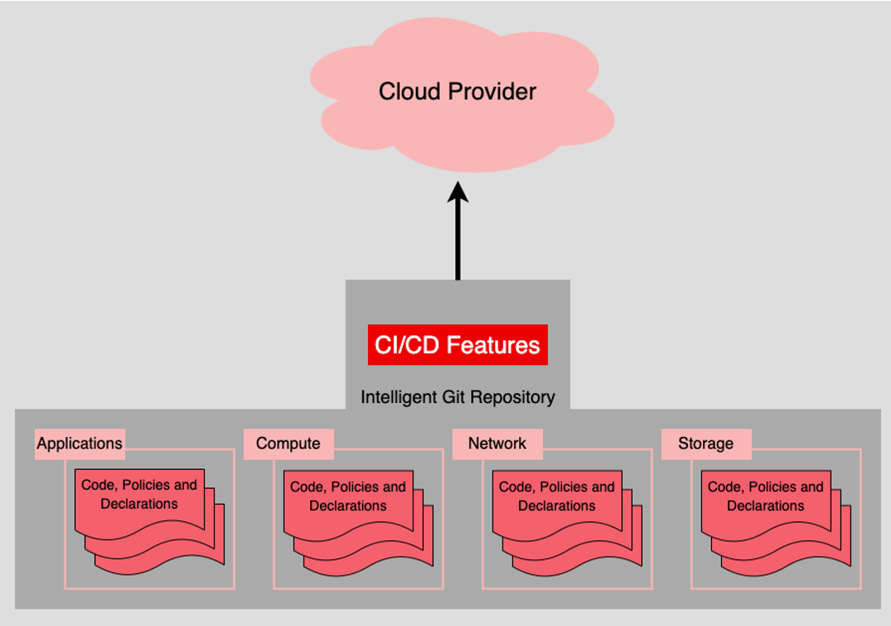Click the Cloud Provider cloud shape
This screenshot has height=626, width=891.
(x=461, y=94)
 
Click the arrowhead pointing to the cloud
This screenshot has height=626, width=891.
(x=457, y=192)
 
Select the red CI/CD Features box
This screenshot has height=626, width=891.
(x=457, y=344)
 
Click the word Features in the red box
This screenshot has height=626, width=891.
(x=493, y=345)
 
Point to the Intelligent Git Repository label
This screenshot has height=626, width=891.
(x=457, y=397)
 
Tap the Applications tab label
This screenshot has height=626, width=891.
(x=79, y=443)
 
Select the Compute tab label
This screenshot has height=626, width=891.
(x=288, y=443)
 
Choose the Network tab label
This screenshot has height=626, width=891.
(x=497, y=443)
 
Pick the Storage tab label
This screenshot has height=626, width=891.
(x=705, y=443)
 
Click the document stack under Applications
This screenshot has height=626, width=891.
(x=149, y=521)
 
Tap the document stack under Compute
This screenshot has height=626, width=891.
(x=358, y=523)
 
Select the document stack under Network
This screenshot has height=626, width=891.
(x=567, y=523)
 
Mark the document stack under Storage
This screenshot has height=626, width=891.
(x=775, y=523)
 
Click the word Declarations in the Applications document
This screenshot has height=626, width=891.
(x=139, y=504)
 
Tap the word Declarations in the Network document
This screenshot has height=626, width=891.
(x=557, y=505)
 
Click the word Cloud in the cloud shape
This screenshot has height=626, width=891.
(x=410, y=92)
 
